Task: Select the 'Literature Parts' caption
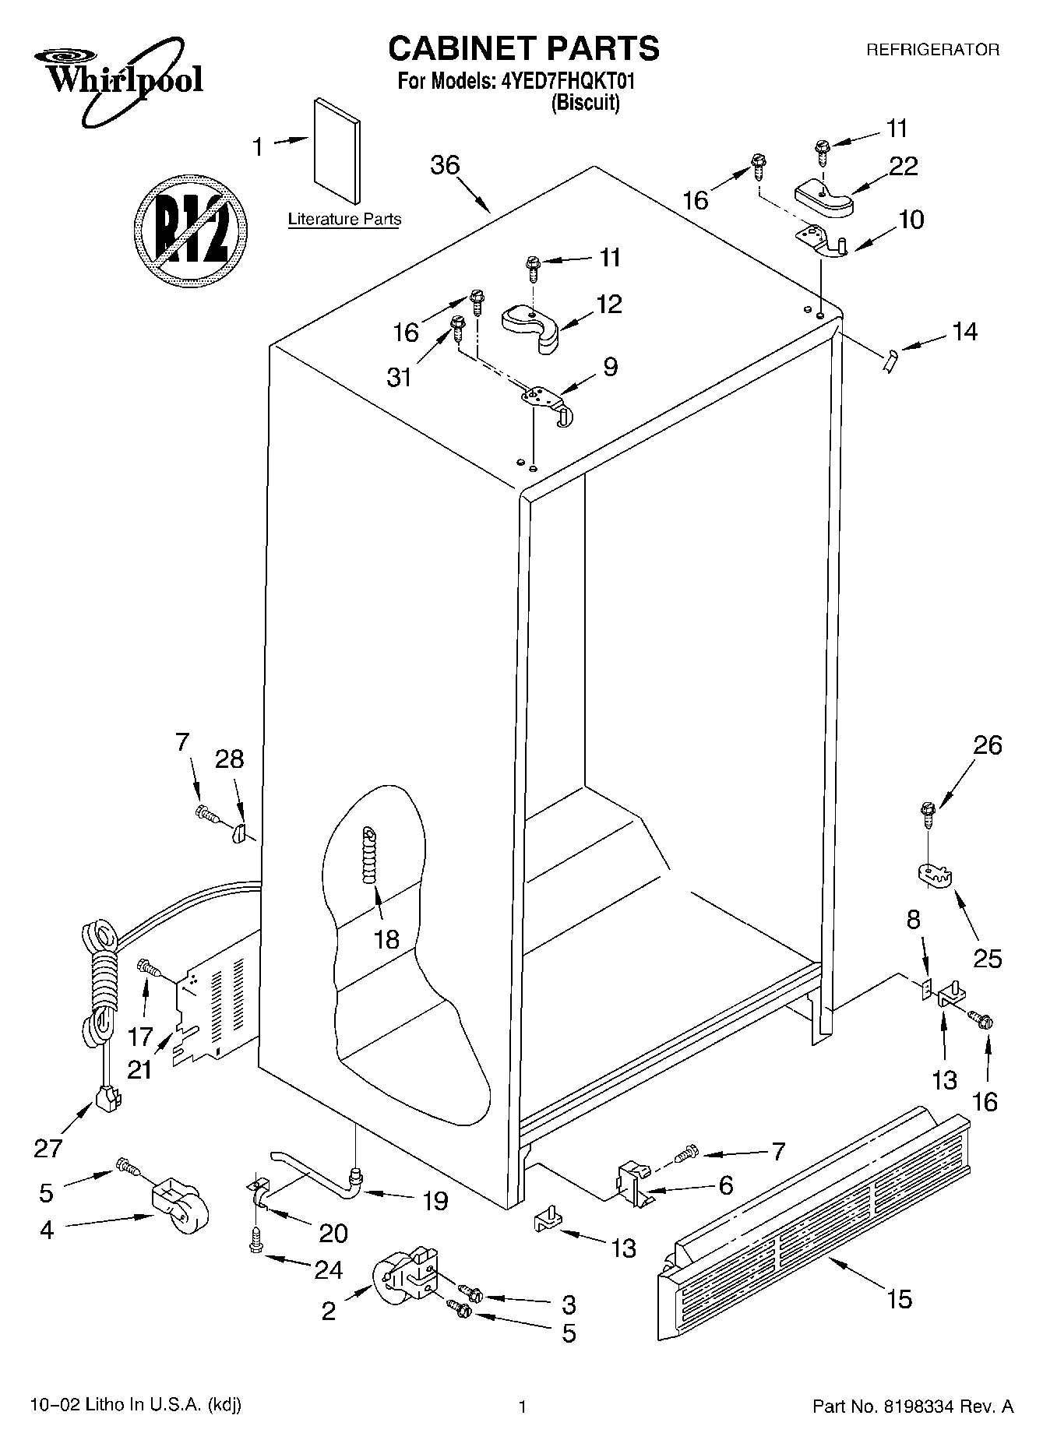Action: click(344, 220)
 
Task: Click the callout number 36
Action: click(445, 165)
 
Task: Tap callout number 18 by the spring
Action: click(386, 938)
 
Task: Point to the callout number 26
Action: click(987, 745)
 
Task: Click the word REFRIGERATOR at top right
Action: click(932, 50)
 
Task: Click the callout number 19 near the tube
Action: click(435, 1200)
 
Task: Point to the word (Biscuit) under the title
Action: click(585, 103)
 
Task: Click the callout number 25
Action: click(987, 957)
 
